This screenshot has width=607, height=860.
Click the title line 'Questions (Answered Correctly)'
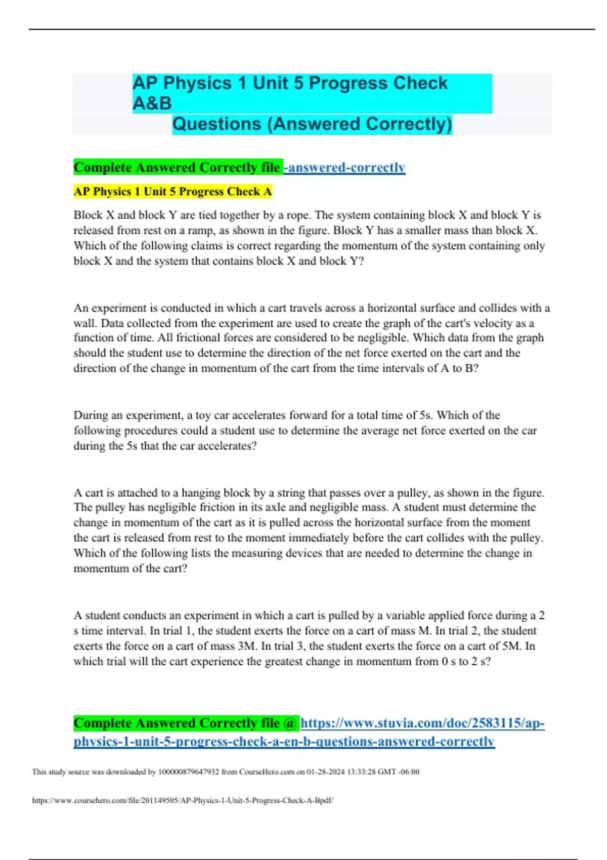(312, 124)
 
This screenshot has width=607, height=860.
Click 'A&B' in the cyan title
(152, 104)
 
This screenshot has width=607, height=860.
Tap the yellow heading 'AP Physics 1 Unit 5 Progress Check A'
(172, 192)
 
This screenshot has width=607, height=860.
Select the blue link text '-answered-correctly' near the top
(345, 167)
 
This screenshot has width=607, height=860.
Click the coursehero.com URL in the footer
(183, 800)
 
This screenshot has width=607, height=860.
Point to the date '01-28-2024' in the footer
(326, 772)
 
